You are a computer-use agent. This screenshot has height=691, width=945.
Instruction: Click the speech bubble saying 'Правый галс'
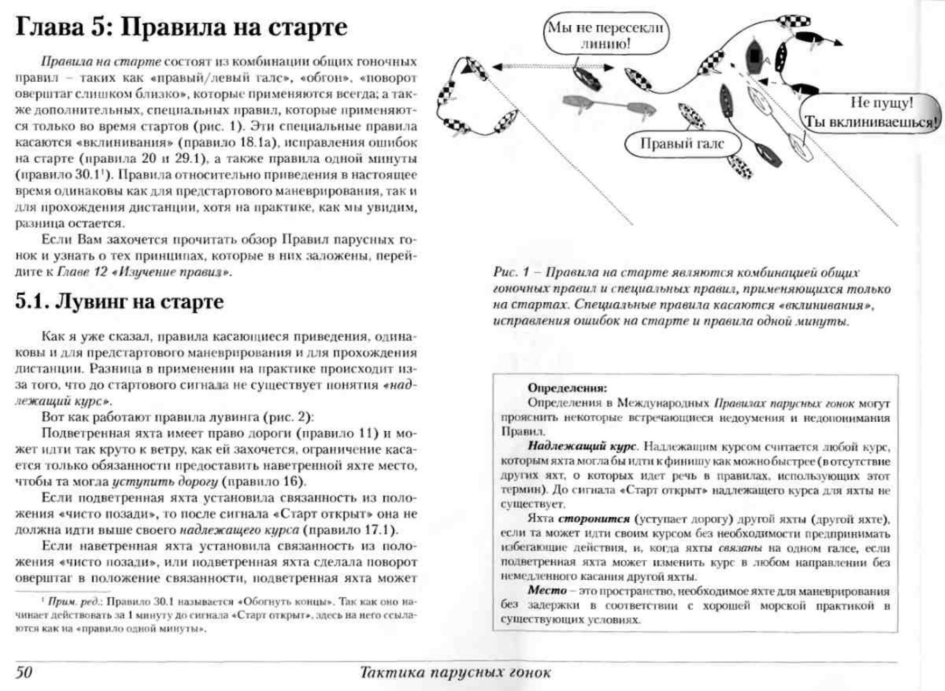(682, 144)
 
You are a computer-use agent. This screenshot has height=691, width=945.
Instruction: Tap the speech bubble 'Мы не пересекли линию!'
(606, 35)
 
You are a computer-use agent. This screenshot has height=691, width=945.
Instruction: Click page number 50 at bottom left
(24, 672)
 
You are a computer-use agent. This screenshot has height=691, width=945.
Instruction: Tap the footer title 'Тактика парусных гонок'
(455, 672)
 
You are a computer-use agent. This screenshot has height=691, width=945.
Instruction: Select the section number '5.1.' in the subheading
(32, 302)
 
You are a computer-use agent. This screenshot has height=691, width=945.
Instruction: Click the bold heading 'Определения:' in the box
(567, 388)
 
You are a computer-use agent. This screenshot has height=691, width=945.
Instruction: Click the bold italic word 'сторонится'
(594, 519)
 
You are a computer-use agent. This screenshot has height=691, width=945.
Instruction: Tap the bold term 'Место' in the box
(547, 590)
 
